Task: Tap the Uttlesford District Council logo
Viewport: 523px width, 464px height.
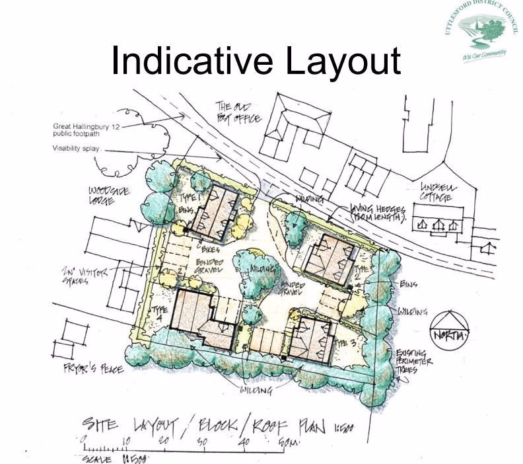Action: (482, 30)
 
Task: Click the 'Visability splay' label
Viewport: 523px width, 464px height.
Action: (76, 149)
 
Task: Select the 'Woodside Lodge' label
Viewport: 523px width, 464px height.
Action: (109, 196)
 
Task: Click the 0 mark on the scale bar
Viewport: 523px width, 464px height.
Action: (84, 440)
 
